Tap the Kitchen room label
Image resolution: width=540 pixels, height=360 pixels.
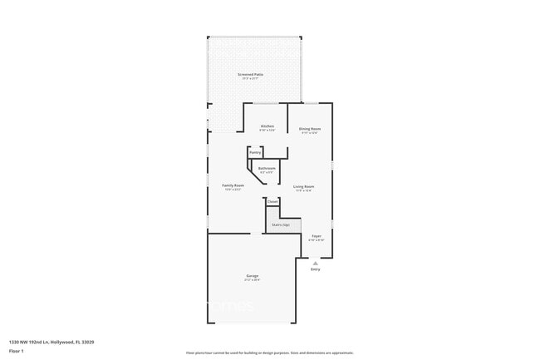pos(267,126)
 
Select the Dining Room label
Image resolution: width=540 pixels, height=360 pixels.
pos(310,129)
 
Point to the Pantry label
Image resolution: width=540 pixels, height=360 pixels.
pos(255,152)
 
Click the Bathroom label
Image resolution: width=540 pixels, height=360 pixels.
pos(267,168)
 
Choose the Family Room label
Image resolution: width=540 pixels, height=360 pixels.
pos(233,185)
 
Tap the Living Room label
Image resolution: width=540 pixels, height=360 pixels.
pos(303,186)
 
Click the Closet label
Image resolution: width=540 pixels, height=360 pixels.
pos(272,201)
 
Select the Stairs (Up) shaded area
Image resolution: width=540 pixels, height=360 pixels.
pos(282,224)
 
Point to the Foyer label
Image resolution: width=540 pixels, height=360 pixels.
pos(317,236)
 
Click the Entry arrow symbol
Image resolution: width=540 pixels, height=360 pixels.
pos(316,263)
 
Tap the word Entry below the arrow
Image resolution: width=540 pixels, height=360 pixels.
pos(316,269)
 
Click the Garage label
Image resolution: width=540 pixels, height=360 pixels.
pos(252,275)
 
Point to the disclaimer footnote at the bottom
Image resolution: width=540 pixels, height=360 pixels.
pos(270,353)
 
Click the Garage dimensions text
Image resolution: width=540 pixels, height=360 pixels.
pos(252,280)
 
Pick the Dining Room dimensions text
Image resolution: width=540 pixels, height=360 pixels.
pos(310,133)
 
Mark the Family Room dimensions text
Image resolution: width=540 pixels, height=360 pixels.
pos(233,190)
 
